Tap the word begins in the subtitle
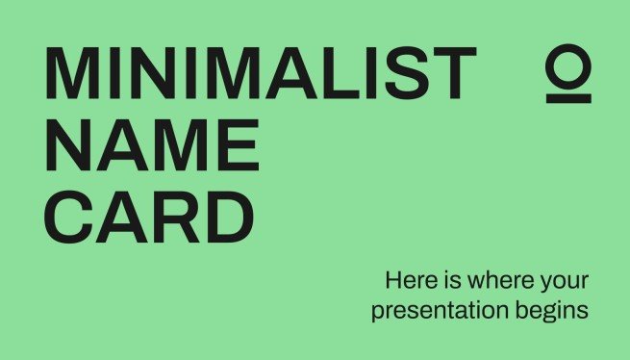(553, 313)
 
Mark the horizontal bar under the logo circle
(568, 96)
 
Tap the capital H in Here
(392, 282)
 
